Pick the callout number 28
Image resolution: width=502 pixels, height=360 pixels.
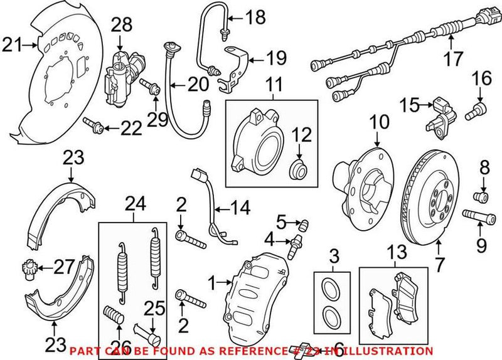pos(122,25)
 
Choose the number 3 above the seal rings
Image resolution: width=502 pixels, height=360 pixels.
pos(335,256)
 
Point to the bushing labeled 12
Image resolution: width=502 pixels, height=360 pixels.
pos(297,167)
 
